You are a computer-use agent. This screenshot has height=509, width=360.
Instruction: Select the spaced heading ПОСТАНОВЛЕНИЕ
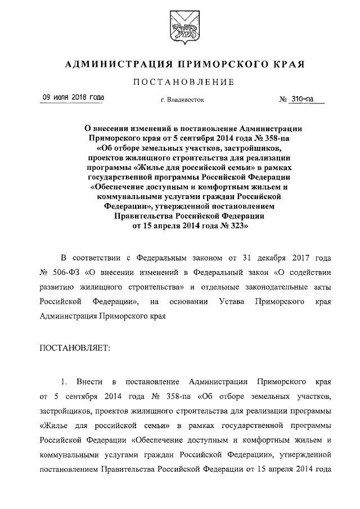179,83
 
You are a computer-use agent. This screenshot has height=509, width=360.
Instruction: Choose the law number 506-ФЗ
66,273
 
